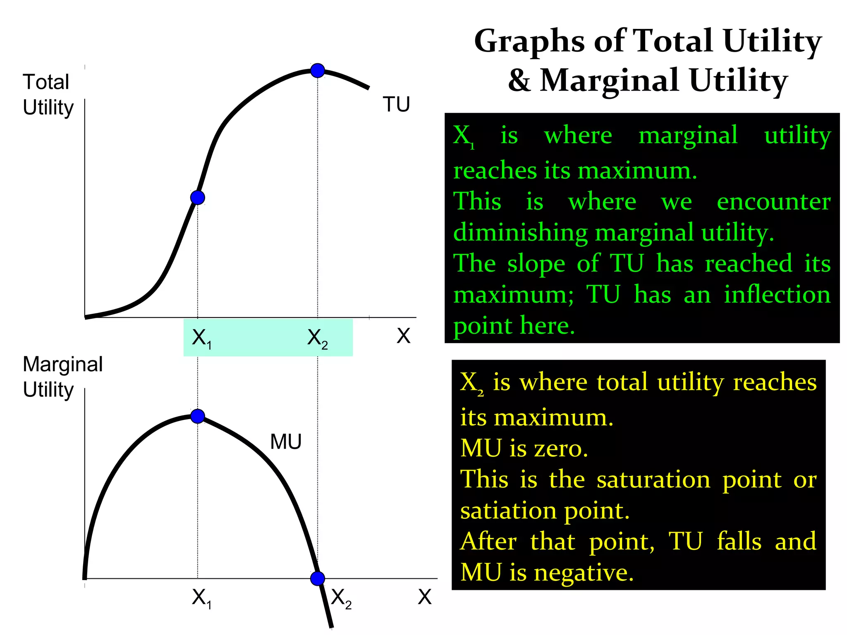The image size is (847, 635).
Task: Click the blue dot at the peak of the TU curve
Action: pyautogui.click(x=318, y=71)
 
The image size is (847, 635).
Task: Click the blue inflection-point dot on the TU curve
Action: pyautogui.click(x=198, y=198)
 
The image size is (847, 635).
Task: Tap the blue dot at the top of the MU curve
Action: pyautogui.click(x=198, y=416)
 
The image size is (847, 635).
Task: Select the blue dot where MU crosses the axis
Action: pyautogui.click(x=318, y=578)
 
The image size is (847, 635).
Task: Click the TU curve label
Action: pyautogui.click(x=396, y=105)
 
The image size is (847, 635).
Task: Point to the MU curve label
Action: pyautogui.click(x=286, y=442)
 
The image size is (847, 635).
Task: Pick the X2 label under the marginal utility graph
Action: pyautogui.click(x=341, y=598)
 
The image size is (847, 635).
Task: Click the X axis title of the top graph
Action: pyautogui.click(x=403, y=336)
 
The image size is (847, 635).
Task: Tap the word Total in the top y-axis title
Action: pyautogui.click(x=46, y=82)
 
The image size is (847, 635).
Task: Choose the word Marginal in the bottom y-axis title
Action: pyautogui.click(x=63, y=365)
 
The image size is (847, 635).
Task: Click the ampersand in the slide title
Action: pyautogui.click(x=519, y=80)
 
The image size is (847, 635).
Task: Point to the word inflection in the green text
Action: pyautogui.click(x=777, y=294)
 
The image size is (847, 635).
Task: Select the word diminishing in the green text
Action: pyautogui.click(x=521, y=232)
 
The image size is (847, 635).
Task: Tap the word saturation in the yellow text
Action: pyautogui.click(x=653, y=480)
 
